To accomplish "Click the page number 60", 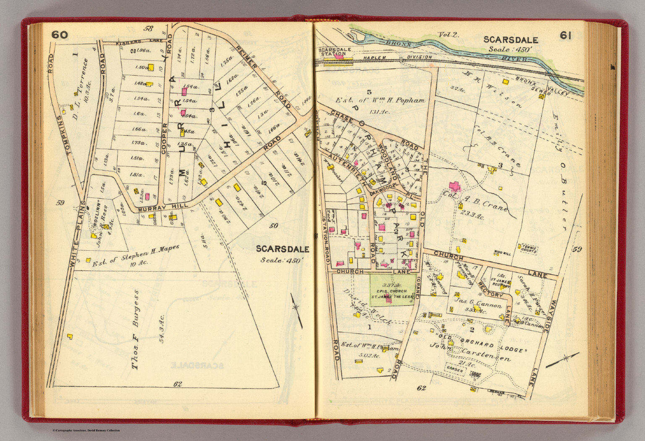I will [x=60, y=35].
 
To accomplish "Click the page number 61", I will [x=565, y=36].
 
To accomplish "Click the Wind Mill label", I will [x=503, y=253].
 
